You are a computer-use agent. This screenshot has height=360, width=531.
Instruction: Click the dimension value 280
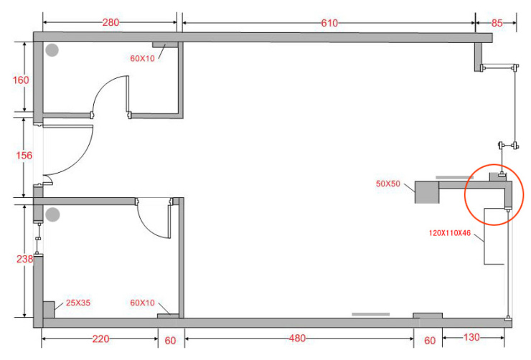click(x=111, y=22)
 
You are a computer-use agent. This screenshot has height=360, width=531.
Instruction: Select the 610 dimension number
click(x=329, y=23)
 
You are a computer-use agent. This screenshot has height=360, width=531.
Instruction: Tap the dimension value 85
click(x=497, y=23)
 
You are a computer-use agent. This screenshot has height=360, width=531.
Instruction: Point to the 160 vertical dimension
click(x=21, y=80)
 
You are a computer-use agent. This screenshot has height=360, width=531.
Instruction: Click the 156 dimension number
click(x=24, y=156)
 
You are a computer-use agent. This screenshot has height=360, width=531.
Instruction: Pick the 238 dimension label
click(x=24, y=259)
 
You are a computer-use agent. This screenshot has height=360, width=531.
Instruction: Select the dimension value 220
click(x=100, y=339)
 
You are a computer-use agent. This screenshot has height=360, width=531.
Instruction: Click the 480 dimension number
click(x=297, y=338)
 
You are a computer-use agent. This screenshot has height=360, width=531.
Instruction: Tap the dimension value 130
click(x=471, y=337)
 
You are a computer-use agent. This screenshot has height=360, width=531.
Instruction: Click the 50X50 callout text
click(x=388, y=184)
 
